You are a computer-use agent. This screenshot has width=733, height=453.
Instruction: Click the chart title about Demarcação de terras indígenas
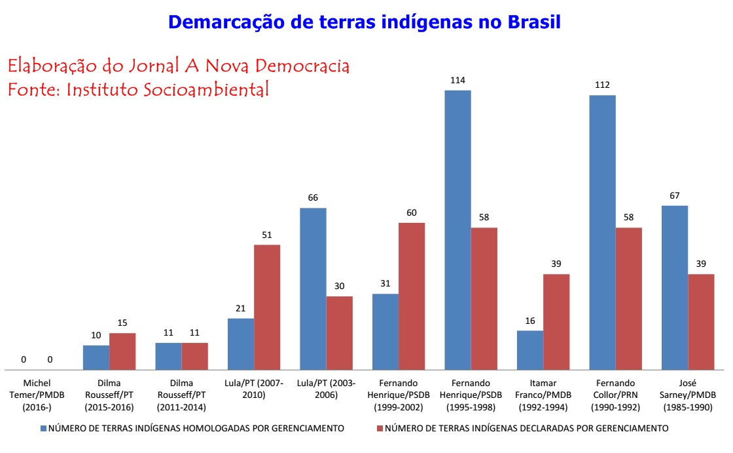point(365,22)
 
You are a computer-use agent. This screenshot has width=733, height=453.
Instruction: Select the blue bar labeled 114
point(457,229)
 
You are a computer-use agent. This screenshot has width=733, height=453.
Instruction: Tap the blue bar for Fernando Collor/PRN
point(602,233)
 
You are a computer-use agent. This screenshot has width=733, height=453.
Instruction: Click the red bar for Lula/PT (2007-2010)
point(267,307)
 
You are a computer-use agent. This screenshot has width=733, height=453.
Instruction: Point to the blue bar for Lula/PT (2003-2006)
point(313,288)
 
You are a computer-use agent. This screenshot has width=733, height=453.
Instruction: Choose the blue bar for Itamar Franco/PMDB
point(529,350)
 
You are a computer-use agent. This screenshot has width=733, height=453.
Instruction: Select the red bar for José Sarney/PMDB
point(701,321)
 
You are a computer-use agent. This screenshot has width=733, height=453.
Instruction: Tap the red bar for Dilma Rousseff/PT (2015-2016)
point(122,351)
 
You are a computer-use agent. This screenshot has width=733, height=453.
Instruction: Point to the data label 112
point(602,85)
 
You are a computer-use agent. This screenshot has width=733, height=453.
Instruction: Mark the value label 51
point(267,235)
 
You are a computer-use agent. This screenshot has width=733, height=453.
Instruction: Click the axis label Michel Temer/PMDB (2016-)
point(37,395)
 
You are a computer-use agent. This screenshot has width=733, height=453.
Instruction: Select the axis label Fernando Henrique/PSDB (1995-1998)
point(471,395)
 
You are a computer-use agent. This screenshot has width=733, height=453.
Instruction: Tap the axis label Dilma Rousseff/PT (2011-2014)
point(181,395)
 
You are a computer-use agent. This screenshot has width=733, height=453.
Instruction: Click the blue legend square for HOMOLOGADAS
point(44,429)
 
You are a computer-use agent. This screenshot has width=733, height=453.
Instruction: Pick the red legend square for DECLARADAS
point(380,429)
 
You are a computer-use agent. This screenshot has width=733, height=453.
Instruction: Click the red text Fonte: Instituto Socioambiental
point(138,90)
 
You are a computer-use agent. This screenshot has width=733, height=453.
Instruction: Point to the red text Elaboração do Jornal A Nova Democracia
point(178,66)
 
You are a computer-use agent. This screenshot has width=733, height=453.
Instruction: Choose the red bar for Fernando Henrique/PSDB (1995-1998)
point(484,298)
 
